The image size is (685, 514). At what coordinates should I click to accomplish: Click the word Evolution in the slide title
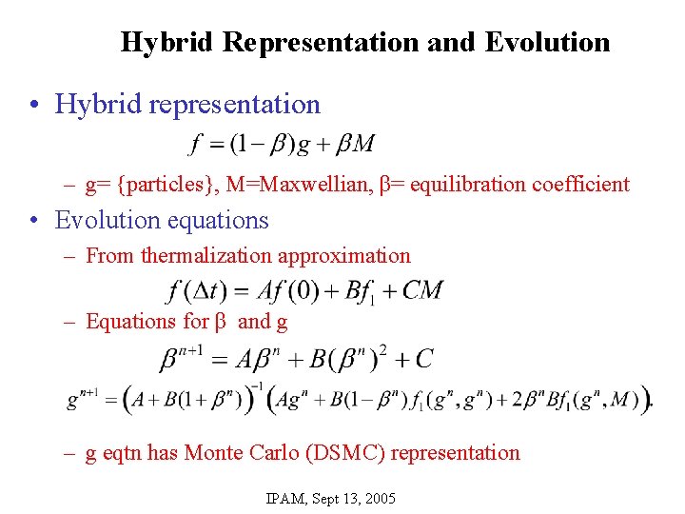(547, 43)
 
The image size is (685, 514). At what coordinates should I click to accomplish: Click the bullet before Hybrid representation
(34, 104)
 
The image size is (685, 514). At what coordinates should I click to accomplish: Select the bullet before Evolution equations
(34, 221)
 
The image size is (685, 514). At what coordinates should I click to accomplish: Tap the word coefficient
(580, 184)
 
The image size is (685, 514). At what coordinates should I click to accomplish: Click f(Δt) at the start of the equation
(190, 289)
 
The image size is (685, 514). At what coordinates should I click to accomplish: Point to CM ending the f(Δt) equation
(422, 289)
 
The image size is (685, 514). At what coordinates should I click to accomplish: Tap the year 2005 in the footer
(378, 498)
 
